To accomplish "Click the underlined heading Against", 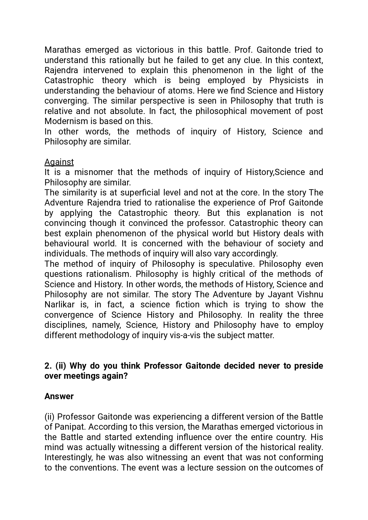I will click(59, 162).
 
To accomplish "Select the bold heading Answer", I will click(59, 396).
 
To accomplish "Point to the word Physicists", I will click(289, 80).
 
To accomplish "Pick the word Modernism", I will click(66, 121).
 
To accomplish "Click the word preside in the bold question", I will click(308, 366).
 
